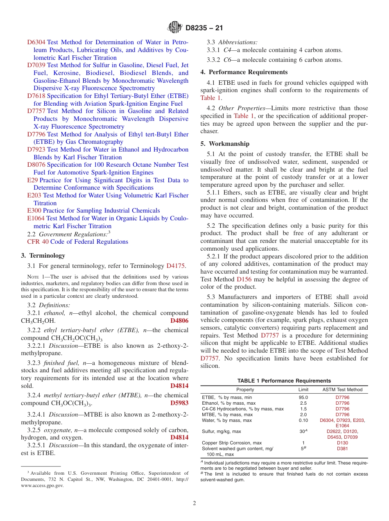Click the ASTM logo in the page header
(175, 28)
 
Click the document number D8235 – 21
(204, 28)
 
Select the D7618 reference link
(36, 96)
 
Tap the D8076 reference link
(36, 165)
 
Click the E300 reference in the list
(34, 211)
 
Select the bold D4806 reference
(179, 321)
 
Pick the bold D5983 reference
(179, 403)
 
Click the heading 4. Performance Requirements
(244, 72)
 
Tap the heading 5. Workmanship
(225, 144)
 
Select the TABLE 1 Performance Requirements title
(284, 381)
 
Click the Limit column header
(303, 390)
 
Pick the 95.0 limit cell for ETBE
(303, 397)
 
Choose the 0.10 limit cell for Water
(303, 420)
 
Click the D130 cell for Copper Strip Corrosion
(342, 443)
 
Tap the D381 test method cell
(342, 449)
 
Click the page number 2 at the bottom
(194, 503)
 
